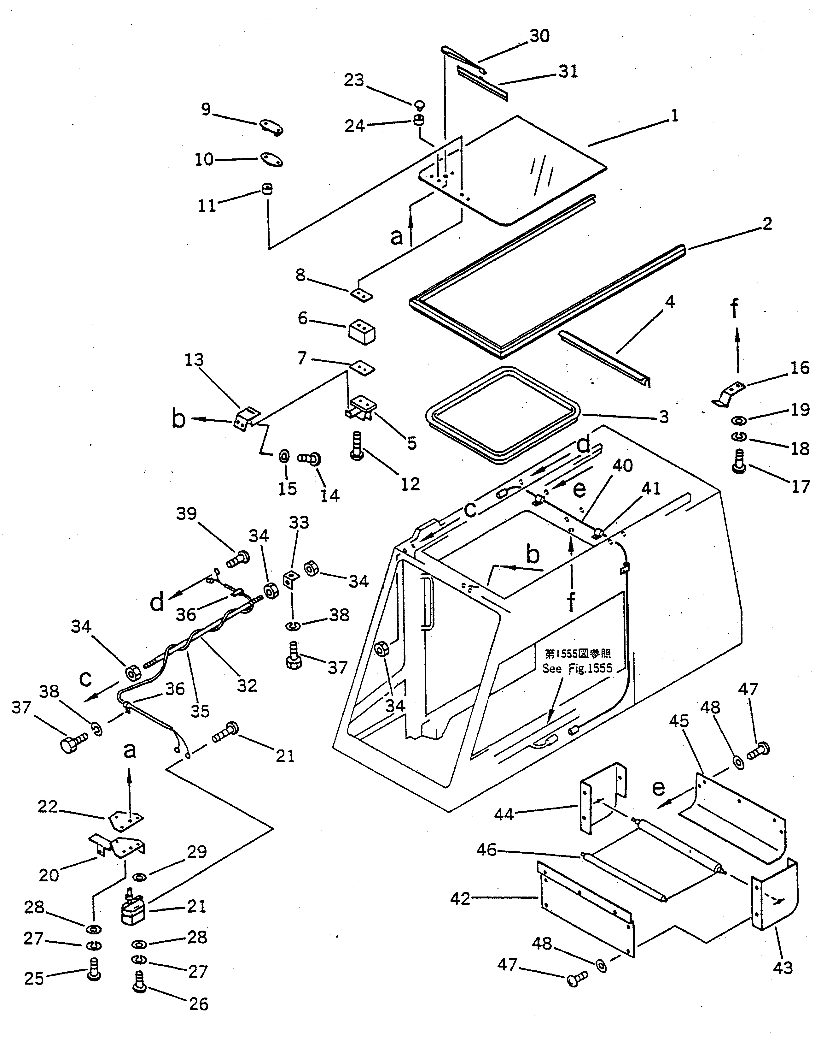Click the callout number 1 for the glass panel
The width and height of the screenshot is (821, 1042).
[675, 116]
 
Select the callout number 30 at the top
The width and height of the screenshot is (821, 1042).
[539, 36]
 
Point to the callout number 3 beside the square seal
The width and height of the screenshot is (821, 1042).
[664, 417]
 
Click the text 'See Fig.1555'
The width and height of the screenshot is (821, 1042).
[577, 668]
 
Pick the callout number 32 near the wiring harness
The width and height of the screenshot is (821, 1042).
[247, 685]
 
